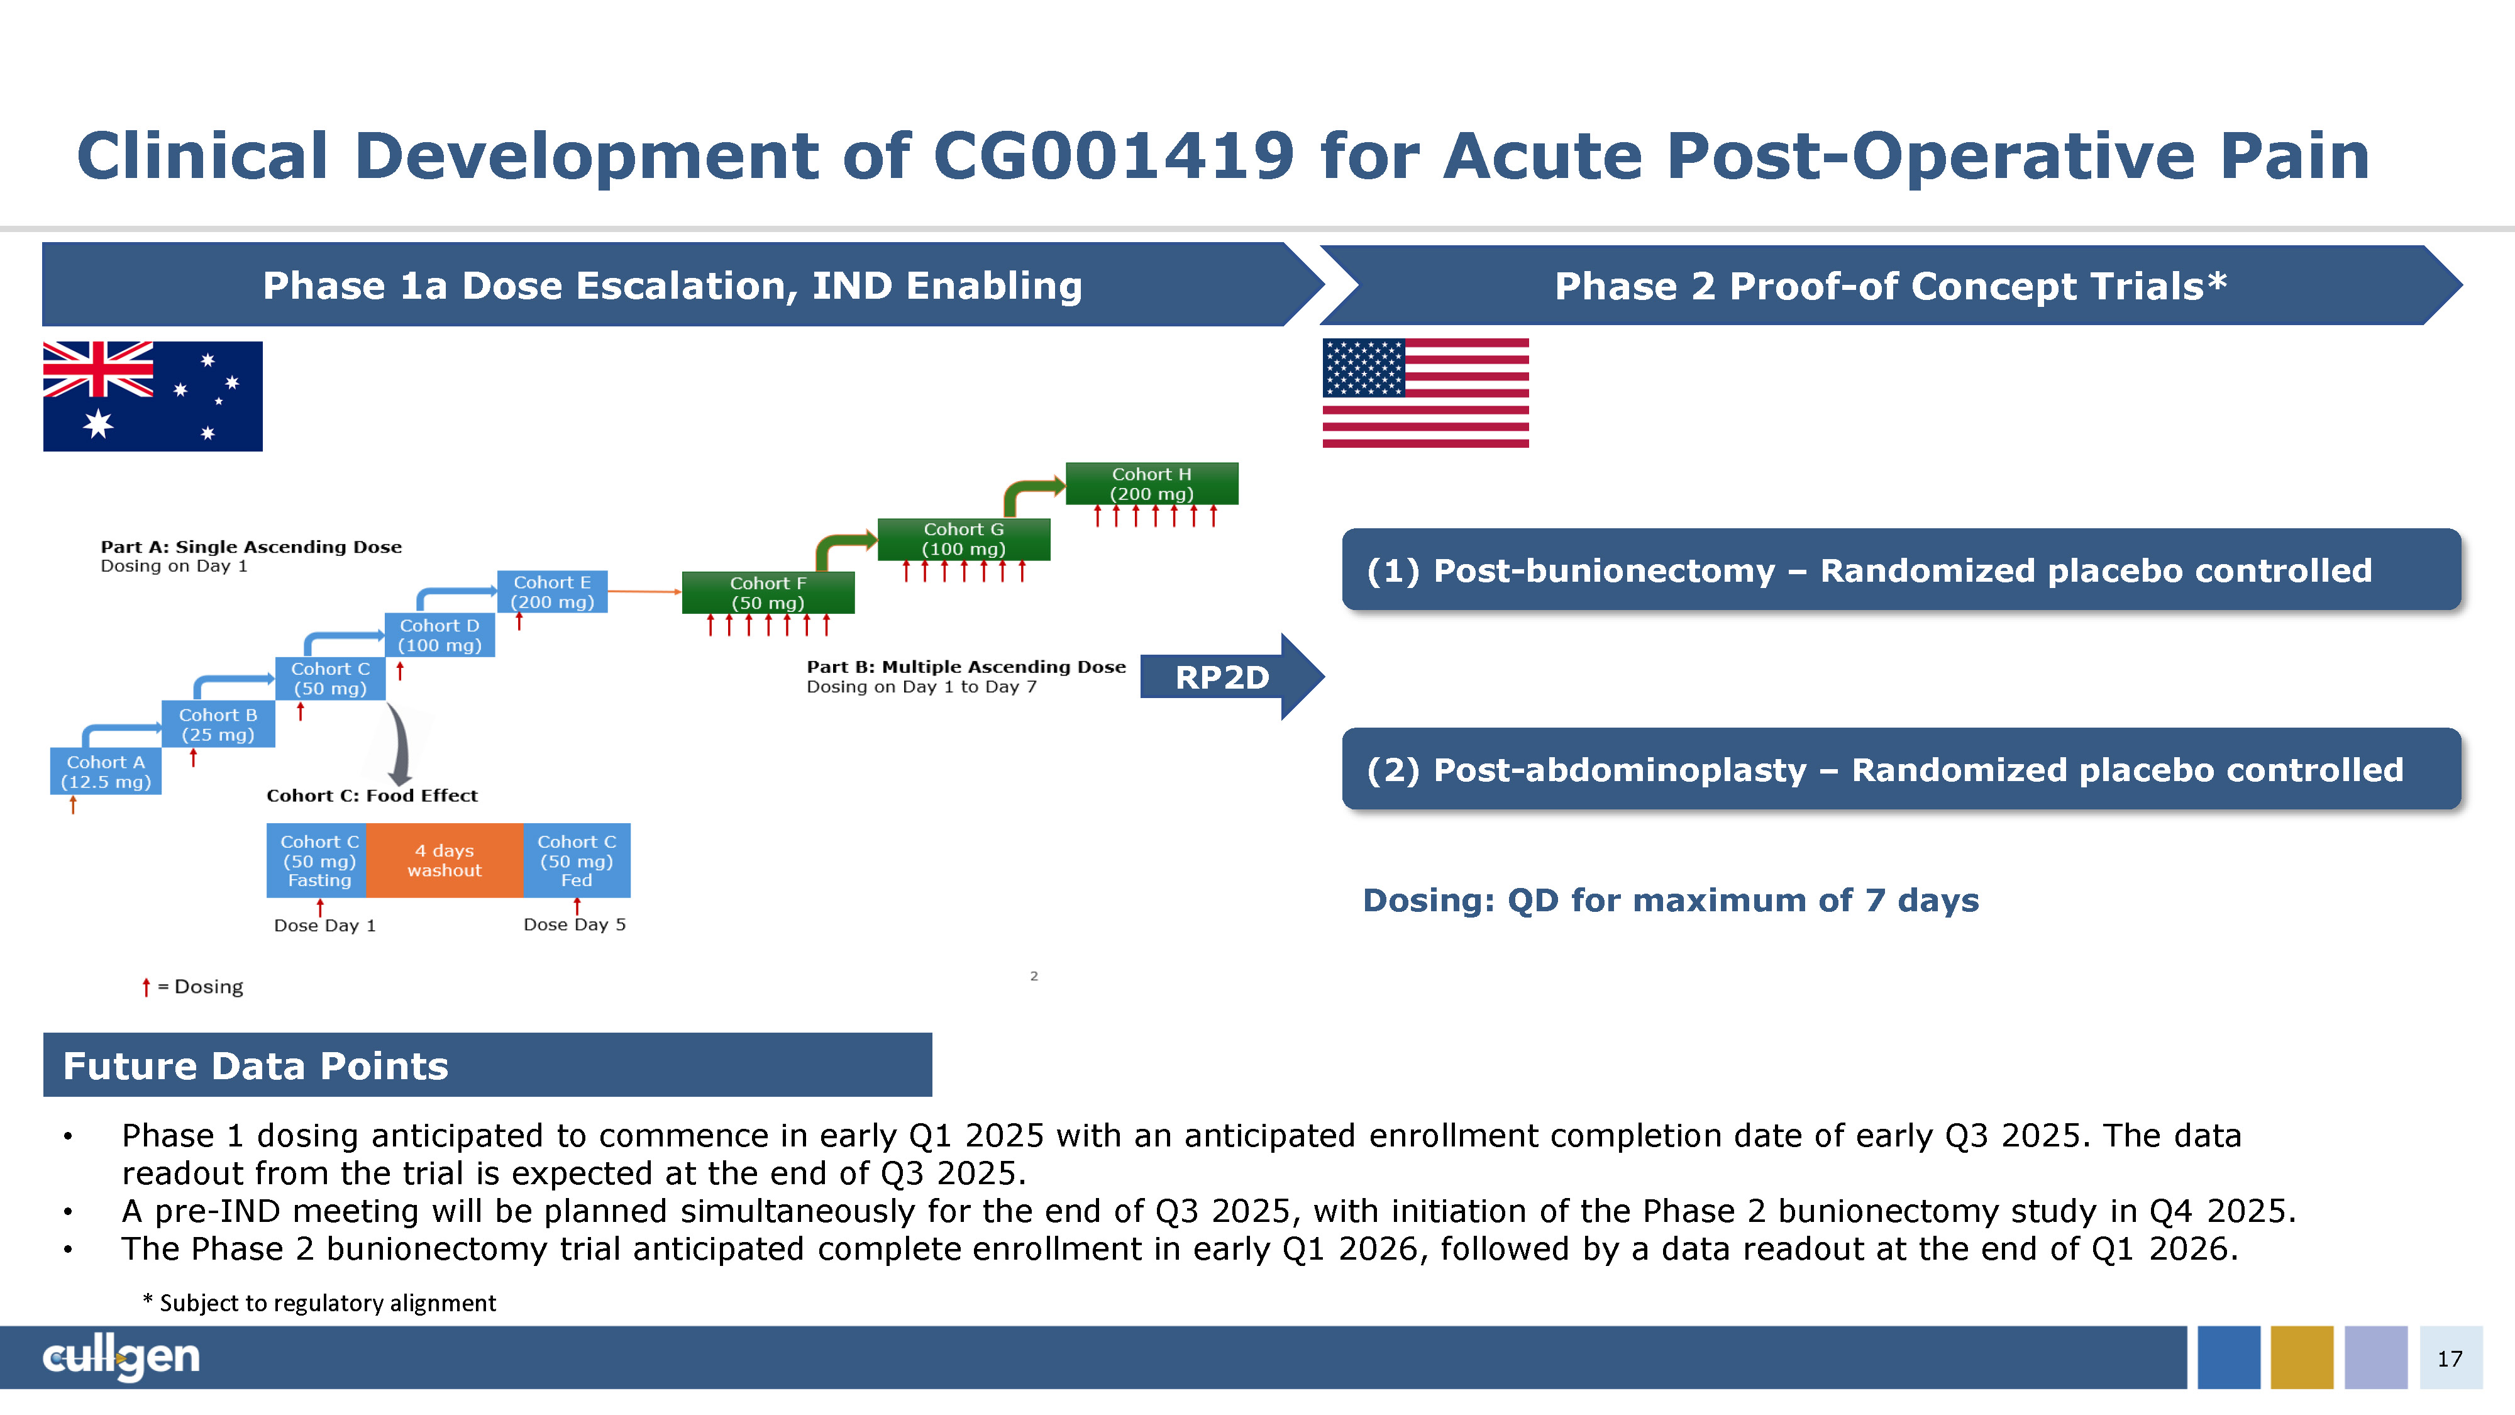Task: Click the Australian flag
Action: [152, 396]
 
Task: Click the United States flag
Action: [1425, 392]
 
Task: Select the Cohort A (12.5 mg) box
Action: [106, 772]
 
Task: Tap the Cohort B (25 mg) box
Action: [218, 724]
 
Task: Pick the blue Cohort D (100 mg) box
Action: [439, 635]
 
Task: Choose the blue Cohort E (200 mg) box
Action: [553, 592]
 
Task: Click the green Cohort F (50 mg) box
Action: [768, 593]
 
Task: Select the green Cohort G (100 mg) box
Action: [964, 539]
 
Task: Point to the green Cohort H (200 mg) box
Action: [1152, 484]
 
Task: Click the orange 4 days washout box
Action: [445, 860]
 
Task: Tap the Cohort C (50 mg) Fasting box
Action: [318, 860]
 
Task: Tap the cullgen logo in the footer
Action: [121, 1357]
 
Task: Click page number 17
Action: [2450, 1358]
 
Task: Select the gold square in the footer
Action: [2302, 1357]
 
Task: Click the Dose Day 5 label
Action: [574, 924]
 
